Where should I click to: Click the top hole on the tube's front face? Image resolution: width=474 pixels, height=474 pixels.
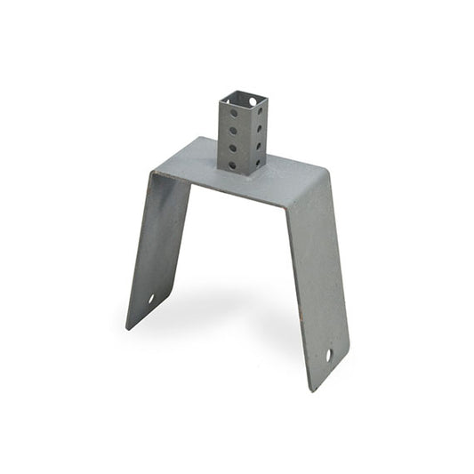click(x=233, y=113)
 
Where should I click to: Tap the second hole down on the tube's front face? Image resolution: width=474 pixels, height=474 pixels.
click(x=233, y=131)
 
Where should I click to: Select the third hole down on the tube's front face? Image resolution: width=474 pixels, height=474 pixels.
click(x=233, y=148)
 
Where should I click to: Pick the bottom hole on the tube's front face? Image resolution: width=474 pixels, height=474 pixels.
click(x=233, y=165)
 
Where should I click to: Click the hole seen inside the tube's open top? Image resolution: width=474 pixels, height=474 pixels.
click(x=253, y=101)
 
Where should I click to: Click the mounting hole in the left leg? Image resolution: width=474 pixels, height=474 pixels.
click(x=151, y=299)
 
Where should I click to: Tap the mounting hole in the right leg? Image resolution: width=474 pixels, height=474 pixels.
click(x=328, y=355)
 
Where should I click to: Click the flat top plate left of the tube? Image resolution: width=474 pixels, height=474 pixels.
click(x=191, y=160)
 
